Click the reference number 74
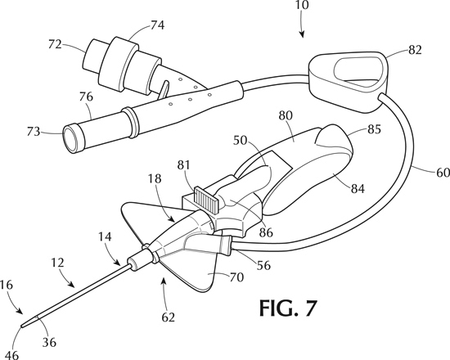point(158,25)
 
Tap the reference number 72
point(55,45)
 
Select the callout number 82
point(415,50)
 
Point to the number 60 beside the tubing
point(443,173)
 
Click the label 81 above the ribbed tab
point(183,165)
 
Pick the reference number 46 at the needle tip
point(11,354)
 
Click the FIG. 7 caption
point(288,308)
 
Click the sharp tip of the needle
point(21,326)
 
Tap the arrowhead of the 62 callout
point(164,281)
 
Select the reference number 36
point(49,342)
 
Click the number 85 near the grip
point(374,129)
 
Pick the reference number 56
point(263,266)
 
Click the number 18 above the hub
point(155,178)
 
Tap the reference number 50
point(241,141)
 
